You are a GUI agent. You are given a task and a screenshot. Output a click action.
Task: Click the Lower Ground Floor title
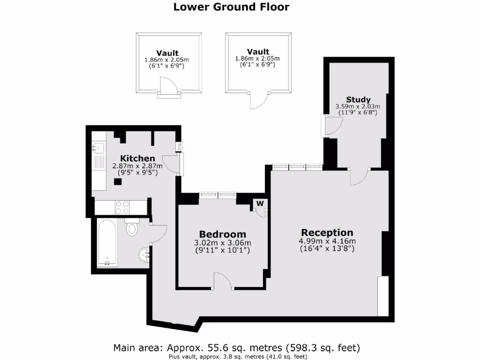[x=231, y=7]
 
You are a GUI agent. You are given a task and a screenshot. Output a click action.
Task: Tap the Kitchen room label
[x=137, y=158]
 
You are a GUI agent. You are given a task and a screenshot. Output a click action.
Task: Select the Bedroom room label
[x=222, y=234]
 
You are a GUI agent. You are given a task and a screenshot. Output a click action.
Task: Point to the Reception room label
[x=327, y=232]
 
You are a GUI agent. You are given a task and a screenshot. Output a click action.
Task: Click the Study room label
[x=358, y=99]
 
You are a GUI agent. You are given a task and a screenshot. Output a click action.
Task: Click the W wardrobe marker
[x=259, y=203]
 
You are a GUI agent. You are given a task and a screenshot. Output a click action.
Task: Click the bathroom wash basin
[x=144, y=255]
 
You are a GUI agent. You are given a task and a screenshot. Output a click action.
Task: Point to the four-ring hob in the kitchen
[x=123, y=206]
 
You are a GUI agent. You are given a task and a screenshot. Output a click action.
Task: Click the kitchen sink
[x=98, y=148]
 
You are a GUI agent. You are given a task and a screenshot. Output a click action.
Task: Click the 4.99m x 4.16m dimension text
[x=327, y=241]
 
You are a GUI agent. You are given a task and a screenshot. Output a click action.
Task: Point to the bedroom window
[x=217, y=194]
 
